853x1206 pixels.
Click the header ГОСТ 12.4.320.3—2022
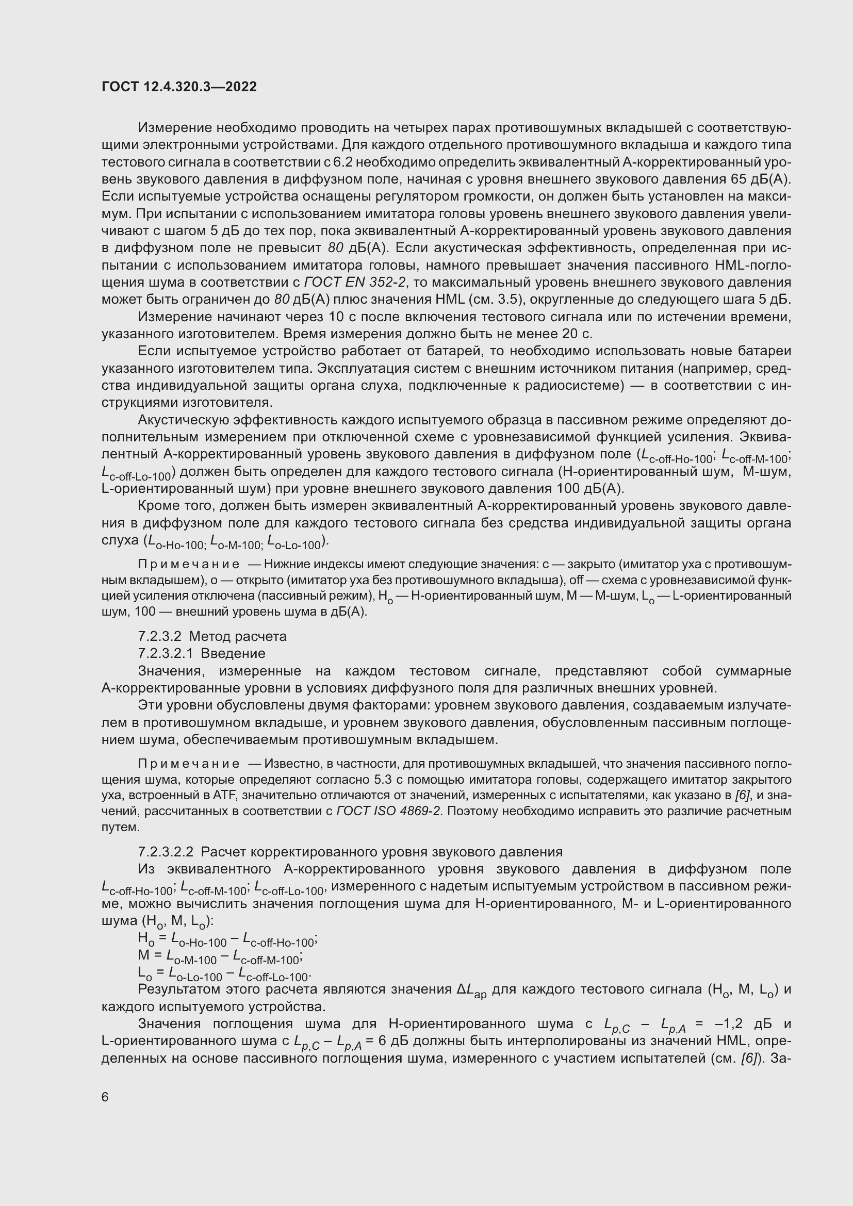coord(179,87)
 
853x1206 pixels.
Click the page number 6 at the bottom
coord(105,1097)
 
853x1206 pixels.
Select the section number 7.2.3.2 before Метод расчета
coord(159,636)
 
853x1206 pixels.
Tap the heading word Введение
coord(233,653)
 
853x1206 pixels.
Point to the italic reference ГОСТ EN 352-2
coord(354,282)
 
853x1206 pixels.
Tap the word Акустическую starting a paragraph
coord(184,420)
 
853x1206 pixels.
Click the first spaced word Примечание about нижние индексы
coord(189,564)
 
